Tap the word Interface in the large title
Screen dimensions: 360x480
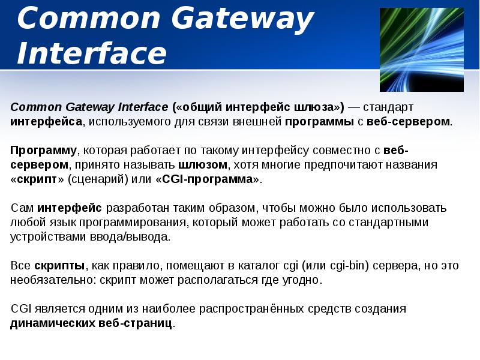(91, 53)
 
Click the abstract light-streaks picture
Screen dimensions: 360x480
(422, 50)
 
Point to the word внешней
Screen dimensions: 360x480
(260, 121)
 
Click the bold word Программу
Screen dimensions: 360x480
(43, 150)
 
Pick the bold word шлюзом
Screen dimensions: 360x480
(203, 164)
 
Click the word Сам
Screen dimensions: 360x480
(22, 208)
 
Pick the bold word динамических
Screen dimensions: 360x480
(53, 323)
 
